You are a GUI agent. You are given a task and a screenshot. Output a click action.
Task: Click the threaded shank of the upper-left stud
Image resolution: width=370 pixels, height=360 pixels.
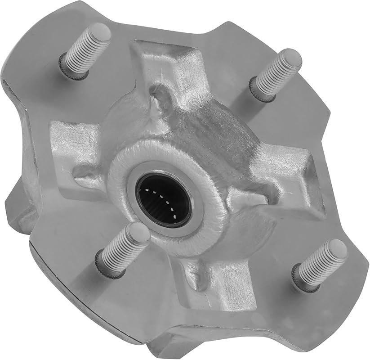tap(83, 52)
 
